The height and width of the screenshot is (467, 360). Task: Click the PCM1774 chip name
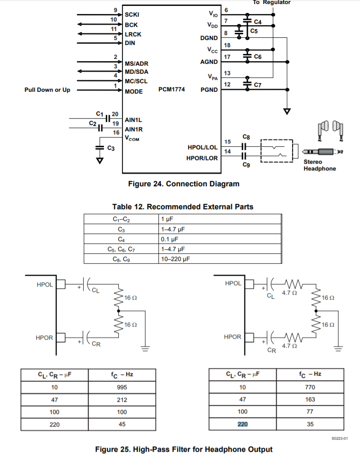point(171,90)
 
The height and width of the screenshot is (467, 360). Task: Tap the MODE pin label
point(134,91)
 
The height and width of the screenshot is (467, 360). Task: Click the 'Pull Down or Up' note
point(47,90)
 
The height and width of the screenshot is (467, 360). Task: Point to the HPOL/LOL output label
point(202,147)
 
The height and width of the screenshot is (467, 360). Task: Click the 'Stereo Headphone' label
point(319,165)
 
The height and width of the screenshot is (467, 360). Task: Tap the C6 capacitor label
point(258,57)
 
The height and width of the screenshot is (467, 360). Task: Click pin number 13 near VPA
point(227,73)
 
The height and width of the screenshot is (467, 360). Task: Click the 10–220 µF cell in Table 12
point(174,259)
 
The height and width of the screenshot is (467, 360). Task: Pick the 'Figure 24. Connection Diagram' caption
point(184,184)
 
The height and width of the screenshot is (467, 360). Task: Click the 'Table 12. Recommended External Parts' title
point(182,207)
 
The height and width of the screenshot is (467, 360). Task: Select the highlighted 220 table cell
point(243,424)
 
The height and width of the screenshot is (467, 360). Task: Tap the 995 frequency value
point(121,387)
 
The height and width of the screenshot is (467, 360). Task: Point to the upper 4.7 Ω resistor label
point(289,292)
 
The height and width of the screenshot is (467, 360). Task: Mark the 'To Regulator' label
point(271,2)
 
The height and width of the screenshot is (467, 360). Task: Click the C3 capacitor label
point(111,148)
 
